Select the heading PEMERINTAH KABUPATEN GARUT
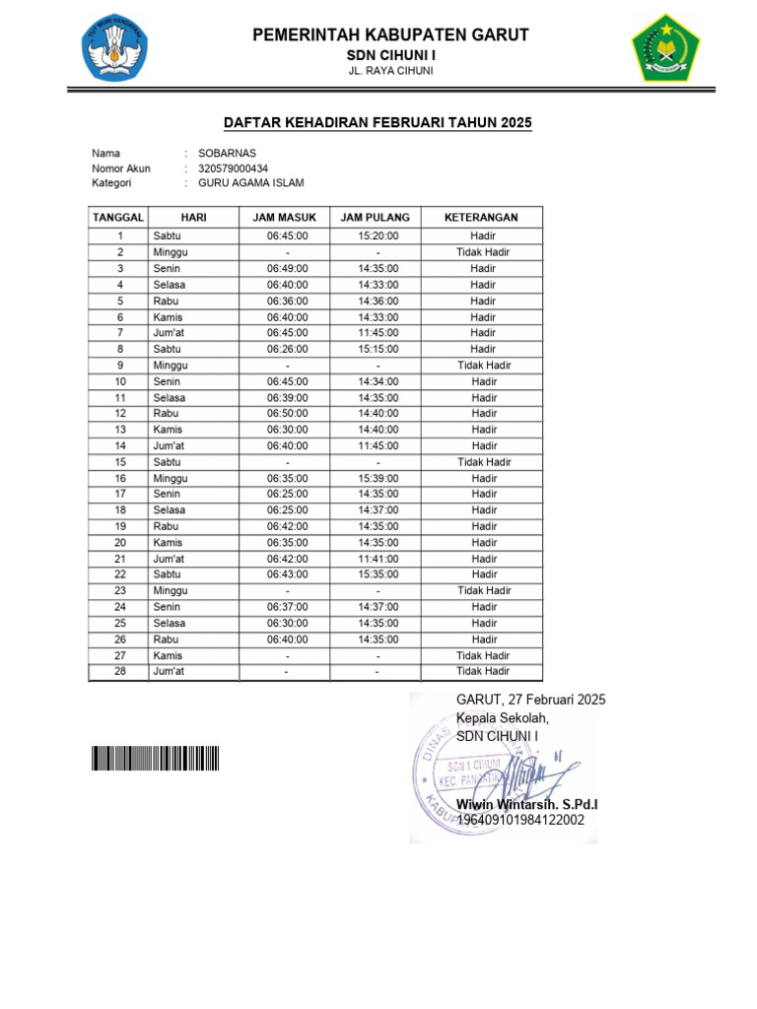click(x=391, y=35)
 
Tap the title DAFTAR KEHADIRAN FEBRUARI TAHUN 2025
click(x=378, y=123)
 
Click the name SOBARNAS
click(x=227, y=154)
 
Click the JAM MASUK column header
click(x=285, y=217)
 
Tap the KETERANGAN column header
click(x=481, y=217)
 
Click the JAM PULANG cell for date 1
click(x=378, y=236)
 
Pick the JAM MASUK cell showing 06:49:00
click(x=287, y=268)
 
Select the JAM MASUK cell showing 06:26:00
click(x=287, y=349)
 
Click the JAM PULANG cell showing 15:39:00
click(x=378, y=478)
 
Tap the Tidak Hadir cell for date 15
click(x=482, y=462)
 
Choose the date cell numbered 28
click(x=119, y=671)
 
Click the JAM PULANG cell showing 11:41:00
click(x=378, y=559)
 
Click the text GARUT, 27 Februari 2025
click(x=530, y=700)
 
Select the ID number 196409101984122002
click(x=520, y=820)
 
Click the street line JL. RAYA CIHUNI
click(x=391, y=72)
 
